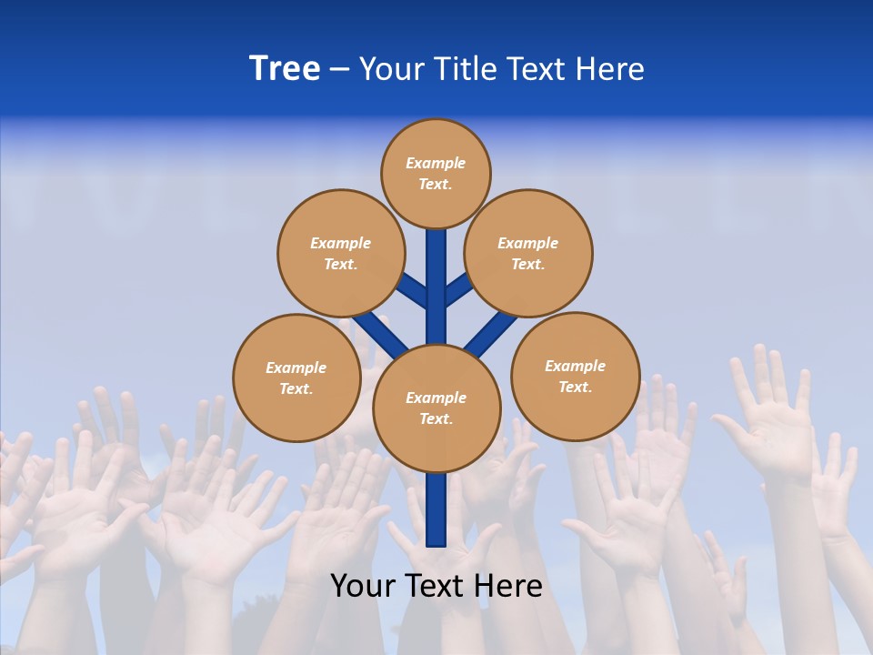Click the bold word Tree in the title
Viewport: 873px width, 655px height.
point(285,69)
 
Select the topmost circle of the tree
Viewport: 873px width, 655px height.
point(436,173)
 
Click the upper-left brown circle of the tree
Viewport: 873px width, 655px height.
point(341,253)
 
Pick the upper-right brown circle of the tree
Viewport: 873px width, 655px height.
point(528,253)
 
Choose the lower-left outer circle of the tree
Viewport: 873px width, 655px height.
point(296,378)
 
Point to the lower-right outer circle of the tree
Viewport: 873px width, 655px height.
point(575,376)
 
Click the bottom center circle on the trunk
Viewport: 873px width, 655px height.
point(436,408)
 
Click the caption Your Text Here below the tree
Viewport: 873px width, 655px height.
point(436,586)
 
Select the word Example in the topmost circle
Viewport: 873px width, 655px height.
point(436,163)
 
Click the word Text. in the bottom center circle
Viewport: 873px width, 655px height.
point(436,418)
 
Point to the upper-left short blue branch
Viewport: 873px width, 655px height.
point(414,290)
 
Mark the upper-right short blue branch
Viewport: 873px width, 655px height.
point(458,290)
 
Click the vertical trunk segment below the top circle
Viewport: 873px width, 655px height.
point(436,273)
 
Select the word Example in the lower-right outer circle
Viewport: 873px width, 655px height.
point(575,366)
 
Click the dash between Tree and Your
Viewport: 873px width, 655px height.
point(339,69)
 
